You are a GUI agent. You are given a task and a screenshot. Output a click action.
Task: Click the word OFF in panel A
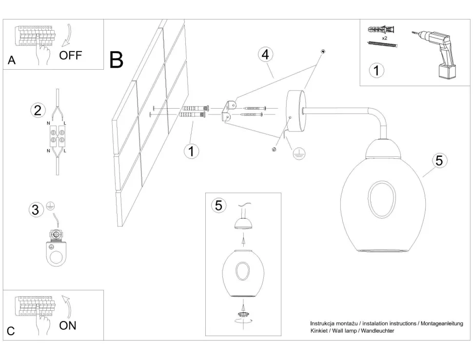[71, 55]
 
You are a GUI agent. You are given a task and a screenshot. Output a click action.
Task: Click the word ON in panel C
[68, 325]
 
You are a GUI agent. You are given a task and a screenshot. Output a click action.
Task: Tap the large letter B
[117, 59]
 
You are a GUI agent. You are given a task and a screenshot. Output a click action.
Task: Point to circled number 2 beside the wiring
[37, 110]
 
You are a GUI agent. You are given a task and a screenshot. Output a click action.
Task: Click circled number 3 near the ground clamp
[35, 210]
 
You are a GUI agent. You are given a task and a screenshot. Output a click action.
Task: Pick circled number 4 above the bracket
[265, 55]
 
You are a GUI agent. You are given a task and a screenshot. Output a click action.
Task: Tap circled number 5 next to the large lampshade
[439, 160]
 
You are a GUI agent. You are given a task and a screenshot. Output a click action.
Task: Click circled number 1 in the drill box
[375, 71]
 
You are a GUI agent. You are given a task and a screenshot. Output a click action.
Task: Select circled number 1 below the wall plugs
[192, 151]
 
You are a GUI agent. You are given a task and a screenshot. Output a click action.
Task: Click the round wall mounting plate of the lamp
[295, 111]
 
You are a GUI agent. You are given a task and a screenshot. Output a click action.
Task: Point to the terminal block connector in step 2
[58, 135]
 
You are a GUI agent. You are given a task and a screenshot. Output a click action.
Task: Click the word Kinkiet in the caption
[320, 331]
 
